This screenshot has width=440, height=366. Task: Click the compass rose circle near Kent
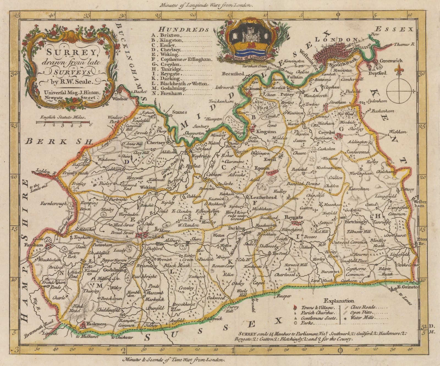point(399,91)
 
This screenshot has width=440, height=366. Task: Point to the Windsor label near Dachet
point(121,99)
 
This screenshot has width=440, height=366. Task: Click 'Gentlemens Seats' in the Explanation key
point(318,318)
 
